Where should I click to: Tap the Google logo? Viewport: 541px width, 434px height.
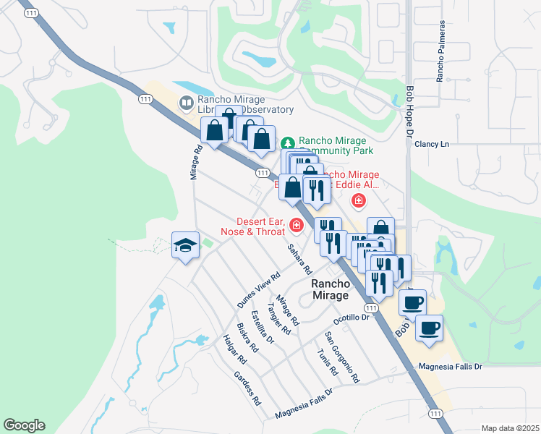pyautogui.click(x=24, y=425)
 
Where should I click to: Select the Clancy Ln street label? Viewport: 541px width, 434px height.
pyautogui.click(x=432, y=144)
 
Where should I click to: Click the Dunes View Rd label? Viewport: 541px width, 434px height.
pyautogui.click(x=258, y=291)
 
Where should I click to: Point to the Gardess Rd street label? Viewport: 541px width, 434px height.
pyautogui.click(x=247, y=388)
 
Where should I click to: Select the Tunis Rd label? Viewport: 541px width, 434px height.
pyautogui.click(x=328, y=361)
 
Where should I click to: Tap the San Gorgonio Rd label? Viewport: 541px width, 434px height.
pyautogui.click(x=342, y=357)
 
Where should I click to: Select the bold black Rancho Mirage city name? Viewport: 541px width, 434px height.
pyautogui.click(x=331, y=290)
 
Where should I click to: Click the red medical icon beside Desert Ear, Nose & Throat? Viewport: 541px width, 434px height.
pyautogui.click(x=295, y=226)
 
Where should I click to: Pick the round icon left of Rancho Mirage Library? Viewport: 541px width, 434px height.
pyautogui.click(x=186, y=103)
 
